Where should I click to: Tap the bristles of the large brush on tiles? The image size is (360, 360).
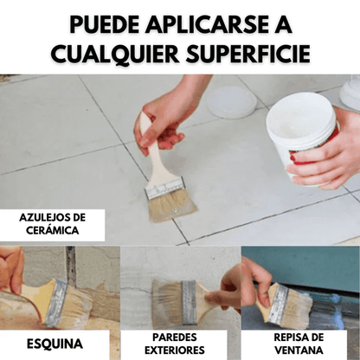pyautogui.click(x=172, y=206)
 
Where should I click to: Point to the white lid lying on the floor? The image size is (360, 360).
pyautogui.click(x=231, y=102)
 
